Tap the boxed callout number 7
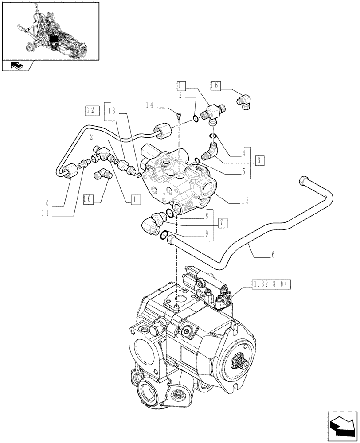(x=223, y=222)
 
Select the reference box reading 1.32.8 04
(x=270, y=285)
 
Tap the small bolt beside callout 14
(x=179, y=116)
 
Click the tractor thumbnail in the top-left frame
(x=50, y=31)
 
